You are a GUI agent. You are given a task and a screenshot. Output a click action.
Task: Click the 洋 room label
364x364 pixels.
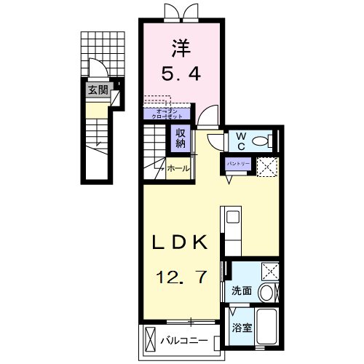click(x=181, y=49)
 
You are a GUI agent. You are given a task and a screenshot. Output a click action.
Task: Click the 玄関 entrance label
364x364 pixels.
click(x=97, y=90)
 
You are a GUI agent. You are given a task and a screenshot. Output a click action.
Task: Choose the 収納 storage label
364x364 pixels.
click(x=181, y=138)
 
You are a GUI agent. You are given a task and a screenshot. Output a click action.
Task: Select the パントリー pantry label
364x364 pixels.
click(x=239, y=162)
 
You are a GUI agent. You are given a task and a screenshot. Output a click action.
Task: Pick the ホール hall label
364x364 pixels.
click(x=178, y=169)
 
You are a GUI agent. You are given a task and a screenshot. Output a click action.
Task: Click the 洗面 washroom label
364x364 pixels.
click(x=242, y=290)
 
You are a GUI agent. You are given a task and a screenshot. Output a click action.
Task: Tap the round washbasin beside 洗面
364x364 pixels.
click(x=267, y=293)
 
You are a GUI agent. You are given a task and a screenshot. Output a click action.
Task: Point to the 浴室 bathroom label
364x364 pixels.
click(x=242, y=327)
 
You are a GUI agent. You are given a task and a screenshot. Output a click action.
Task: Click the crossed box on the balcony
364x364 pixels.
click(x=151, y=340)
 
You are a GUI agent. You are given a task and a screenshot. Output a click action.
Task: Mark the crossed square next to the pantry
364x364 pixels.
click(x=266, y=166)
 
